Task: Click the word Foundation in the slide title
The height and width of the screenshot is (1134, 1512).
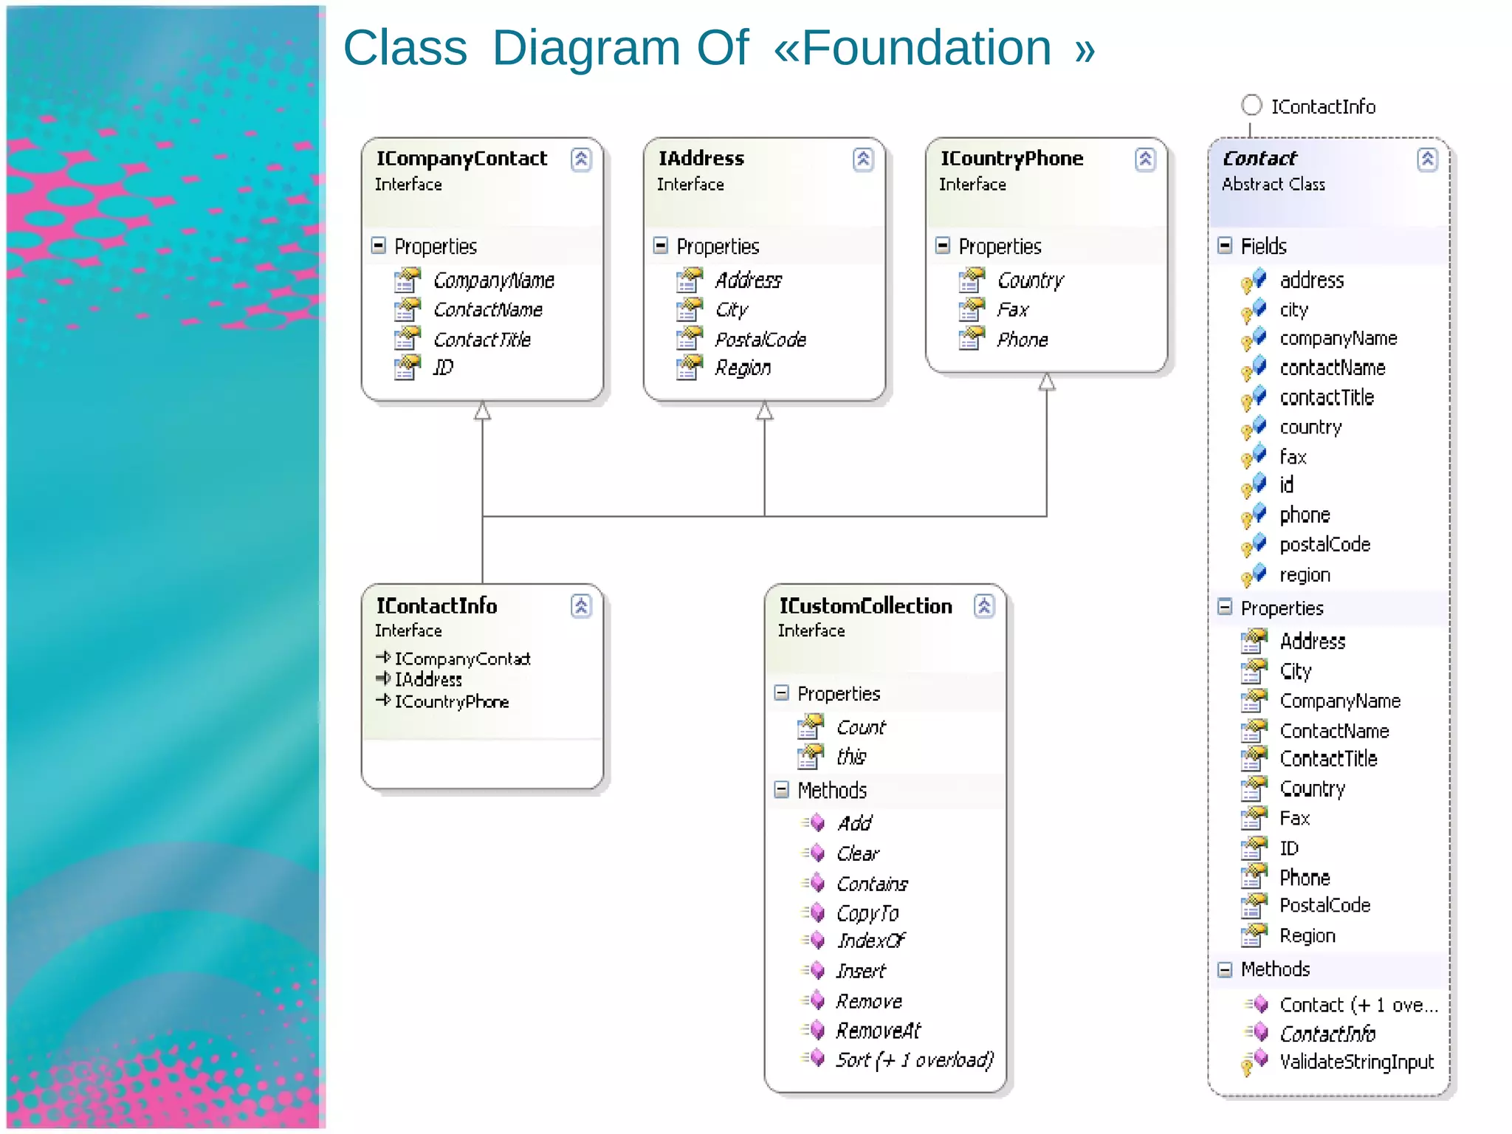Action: (x=926, y=48)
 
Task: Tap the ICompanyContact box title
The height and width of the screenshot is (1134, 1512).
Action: (x=461, y=159)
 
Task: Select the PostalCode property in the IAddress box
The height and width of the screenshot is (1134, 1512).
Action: (x=760, y=340)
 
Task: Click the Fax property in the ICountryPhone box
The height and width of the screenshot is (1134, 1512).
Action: (x=1012, y=310)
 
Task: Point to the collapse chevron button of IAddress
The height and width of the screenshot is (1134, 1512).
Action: (x=863, y=159)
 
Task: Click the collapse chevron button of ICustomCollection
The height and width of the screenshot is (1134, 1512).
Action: (x=984, y=606)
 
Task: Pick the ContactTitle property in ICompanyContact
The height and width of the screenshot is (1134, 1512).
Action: (x=481, y=340)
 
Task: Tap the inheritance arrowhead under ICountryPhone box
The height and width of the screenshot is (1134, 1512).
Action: (x=1046, y=382)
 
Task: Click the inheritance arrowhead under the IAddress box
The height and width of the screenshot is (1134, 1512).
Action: (x=764, y=410)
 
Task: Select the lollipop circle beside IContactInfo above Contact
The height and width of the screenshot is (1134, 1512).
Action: (x=1251, y=106)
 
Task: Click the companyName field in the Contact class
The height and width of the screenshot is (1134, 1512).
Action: (x=1338, y=339)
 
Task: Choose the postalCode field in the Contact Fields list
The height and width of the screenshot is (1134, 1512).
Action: (x=1324, y=545)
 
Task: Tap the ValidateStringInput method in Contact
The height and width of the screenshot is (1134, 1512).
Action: (x=1356, y=1062)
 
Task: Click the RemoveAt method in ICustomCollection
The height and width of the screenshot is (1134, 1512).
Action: (x=878, y=1031)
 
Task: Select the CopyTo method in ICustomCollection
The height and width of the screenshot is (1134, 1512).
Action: (x=867, y=913)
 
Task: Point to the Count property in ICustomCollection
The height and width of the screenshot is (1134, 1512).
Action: (x=861, y=727)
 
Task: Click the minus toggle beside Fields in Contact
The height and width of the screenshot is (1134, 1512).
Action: (x=1225, y=246)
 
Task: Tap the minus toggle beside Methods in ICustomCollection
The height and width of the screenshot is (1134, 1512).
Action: (x=782, y=790)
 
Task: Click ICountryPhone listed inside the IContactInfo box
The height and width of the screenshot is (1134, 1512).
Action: (x=451, y=701)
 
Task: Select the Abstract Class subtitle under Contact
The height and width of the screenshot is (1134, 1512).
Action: (x=1273, y=185)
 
